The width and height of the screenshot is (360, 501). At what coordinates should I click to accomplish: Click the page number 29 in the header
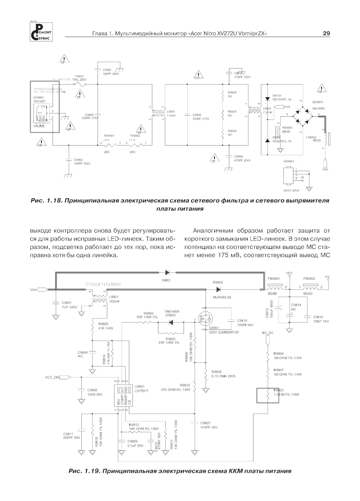[x=326, y=33]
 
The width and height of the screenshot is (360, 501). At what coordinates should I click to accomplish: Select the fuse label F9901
[x=80, y=76]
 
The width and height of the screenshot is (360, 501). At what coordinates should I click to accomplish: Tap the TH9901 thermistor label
[x=109, y=136]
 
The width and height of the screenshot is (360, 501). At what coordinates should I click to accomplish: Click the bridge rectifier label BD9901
[x=318, y=102]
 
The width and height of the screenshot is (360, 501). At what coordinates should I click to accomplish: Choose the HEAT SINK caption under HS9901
[x=291, y=190]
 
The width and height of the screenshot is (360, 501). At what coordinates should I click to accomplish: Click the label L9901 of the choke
[x=171, y=111]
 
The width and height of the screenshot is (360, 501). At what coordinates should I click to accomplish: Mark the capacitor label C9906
[x=197, y=115]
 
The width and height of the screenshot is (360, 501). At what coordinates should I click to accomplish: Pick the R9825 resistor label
[x=232, y=112]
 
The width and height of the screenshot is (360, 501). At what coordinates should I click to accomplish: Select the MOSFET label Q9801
[x=214, y=328]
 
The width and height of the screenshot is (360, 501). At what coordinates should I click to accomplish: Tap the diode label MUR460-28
[x=222, y=297]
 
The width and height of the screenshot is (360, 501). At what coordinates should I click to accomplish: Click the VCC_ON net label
[x=52, y=377]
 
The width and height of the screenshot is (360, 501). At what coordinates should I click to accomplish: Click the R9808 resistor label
[x=217, y=371]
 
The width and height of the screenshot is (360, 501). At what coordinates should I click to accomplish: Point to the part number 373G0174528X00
[x=103, y=284]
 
